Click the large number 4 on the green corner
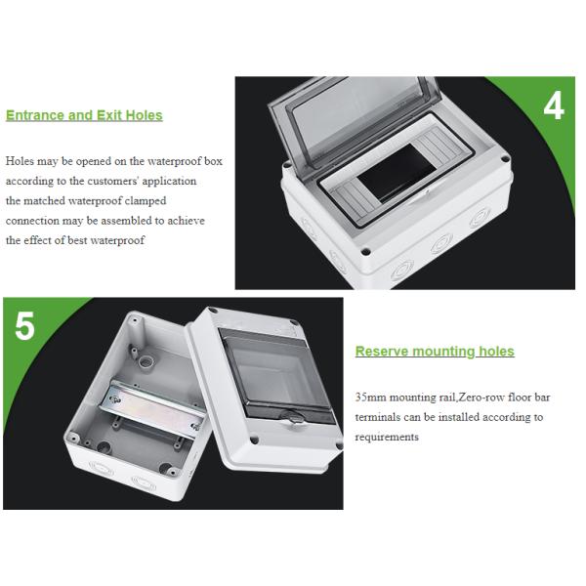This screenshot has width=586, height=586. point(554,106)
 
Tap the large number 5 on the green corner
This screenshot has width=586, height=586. point(24,326)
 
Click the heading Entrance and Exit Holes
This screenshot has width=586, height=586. point(84,115)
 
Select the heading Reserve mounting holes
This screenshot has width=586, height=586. point(435,352)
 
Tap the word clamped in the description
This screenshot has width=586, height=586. point(146,200)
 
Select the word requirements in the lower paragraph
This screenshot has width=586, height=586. point(387,437)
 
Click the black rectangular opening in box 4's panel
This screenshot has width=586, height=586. point(398,172)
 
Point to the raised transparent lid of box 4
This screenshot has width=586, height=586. point(354,119)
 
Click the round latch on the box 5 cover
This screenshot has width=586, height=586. point(293,417)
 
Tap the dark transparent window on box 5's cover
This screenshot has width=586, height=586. point(277,376)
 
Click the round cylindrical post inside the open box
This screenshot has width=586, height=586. point(146,361)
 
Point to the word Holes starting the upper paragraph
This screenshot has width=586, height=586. point(20,161)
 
